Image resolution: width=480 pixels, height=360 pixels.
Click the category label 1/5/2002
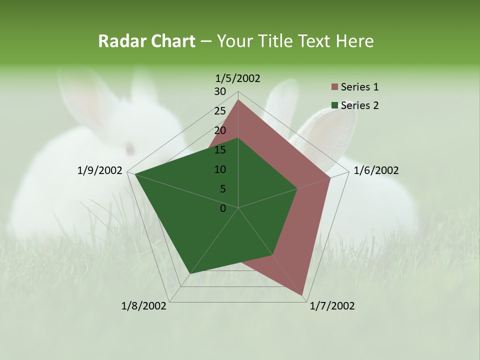(x=238, y=78)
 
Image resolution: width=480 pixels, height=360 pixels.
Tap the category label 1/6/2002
(x=376, y=170)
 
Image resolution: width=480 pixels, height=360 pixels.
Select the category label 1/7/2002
(x=332, y=306)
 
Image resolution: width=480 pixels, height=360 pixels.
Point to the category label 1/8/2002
(x=144, y=306)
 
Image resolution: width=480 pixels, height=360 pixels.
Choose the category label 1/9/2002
(x=100, y=170)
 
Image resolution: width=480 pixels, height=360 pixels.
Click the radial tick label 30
(x=220, y=91)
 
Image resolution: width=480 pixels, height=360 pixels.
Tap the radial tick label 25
(x=220, y=111)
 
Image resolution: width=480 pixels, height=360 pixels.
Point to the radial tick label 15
(x=220, y=150)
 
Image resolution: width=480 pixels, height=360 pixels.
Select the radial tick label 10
(x=220, y=169)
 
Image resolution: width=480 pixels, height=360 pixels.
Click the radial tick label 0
(x=223, y=208)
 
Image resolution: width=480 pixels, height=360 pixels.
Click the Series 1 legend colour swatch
(x=334, y=87)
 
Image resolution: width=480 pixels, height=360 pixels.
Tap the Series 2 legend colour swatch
(x=334, y=105)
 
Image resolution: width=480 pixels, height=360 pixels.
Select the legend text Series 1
(x=359, y=87)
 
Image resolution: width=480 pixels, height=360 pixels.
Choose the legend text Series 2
(x=359, y=105)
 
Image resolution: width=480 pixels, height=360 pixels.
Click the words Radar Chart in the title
(x=146, y=41)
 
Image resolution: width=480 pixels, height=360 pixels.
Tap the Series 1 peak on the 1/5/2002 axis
(x=238, y=100)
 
